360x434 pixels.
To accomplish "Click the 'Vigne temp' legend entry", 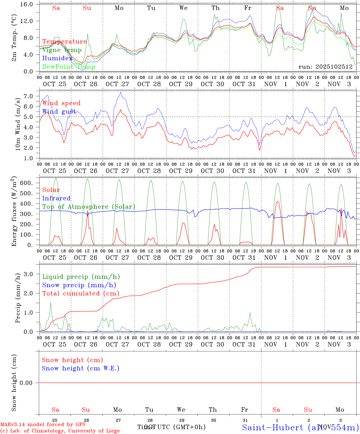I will point(62,50).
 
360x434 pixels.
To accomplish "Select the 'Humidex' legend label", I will point(57,58).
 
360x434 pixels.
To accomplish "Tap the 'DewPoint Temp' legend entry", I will point(69,67).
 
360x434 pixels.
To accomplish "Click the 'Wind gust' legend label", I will point(59,112).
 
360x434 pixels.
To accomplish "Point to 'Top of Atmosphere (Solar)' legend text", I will point(89,207).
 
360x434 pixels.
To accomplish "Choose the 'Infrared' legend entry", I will point(56,198).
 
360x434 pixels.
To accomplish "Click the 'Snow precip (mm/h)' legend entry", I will point(79,285).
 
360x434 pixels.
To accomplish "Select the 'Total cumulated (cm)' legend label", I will point(81,294).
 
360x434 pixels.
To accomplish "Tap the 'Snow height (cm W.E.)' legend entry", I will point(81,368).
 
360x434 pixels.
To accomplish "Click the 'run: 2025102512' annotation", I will point(325,67).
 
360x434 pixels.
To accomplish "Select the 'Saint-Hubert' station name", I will point(272,427).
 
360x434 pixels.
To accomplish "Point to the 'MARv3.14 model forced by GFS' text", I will point(43,425).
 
